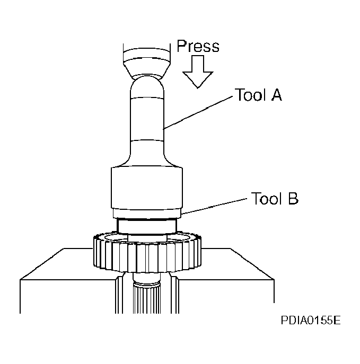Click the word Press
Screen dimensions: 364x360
pyautogui.click(x=198, y=46)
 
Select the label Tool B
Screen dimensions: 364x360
pyautogui.click(x=275, y=200)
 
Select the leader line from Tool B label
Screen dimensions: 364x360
pyautogui.click(x=215, y=207)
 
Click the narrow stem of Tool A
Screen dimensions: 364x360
pyautogui.click(x=146, y=119)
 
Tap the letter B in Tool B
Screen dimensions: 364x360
pyautogui.click(x=292, y=200)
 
